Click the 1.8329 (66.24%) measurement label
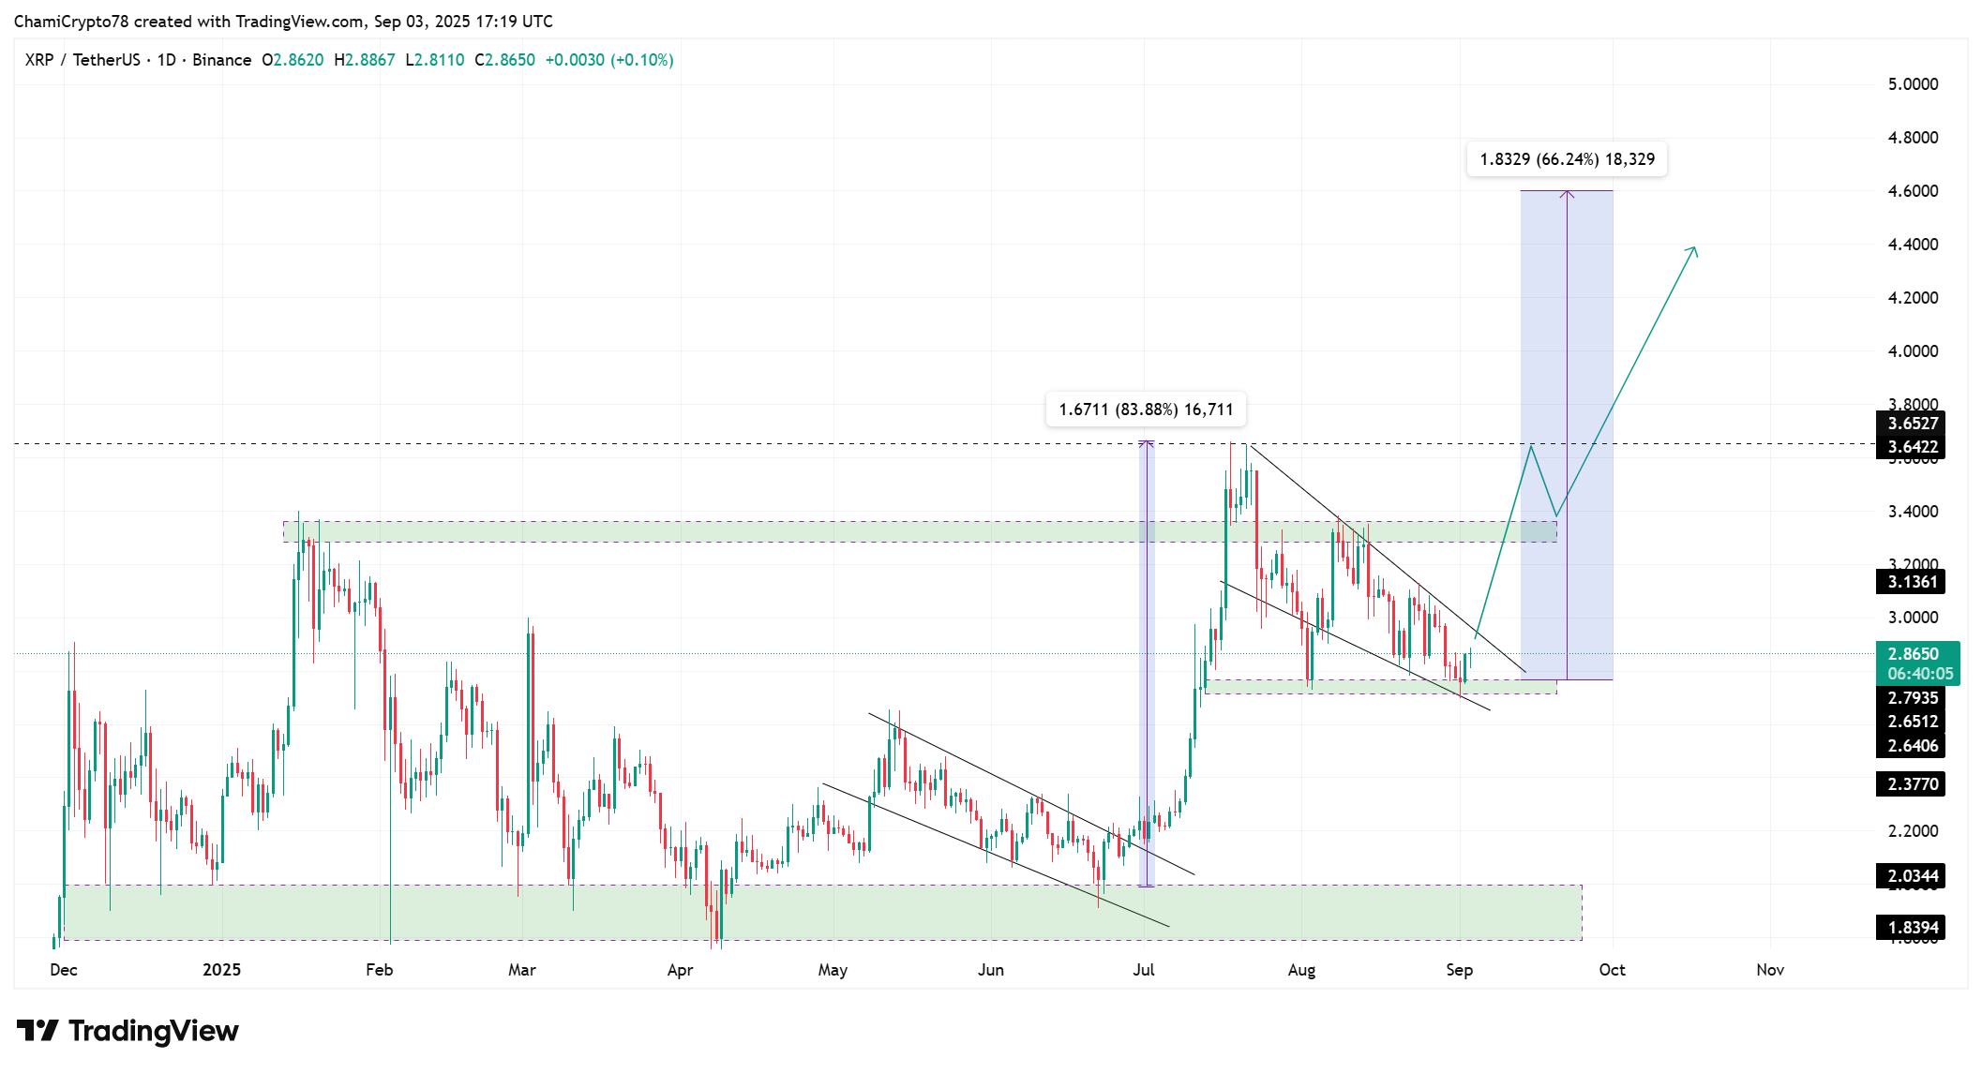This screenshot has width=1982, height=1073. (x=1567, y=159)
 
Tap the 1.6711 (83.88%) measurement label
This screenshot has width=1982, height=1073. (x=1146, y=410)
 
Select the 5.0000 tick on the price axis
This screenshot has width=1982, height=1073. (x=1913, y=84)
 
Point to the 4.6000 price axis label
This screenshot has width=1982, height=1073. (x=1913, y=191)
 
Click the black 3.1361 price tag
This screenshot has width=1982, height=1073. (x=1912, y=582)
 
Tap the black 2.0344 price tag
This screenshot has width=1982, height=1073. (x=1912, y=876)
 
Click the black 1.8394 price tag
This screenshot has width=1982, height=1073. (x=1912, y=928)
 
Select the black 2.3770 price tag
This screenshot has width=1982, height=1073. (x=1912, y=784)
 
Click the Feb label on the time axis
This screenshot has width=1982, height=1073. (x=379, y=970)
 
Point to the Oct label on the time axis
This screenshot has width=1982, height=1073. (x=1612, y=970)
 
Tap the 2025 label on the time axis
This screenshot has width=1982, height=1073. (x=221, y=970)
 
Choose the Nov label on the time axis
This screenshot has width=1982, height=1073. (x=1769, y=970)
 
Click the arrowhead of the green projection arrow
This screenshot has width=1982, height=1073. (x=1694, y=249)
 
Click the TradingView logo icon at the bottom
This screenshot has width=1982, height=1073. (x=38, y=1031)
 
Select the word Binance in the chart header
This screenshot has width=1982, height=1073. (x=221, y=60)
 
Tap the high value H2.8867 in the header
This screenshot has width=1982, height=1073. (x=365, y=60)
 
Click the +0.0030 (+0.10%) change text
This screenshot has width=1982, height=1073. (x=609, y=60)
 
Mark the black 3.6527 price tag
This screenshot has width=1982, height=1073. (x=1912, y=424)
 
